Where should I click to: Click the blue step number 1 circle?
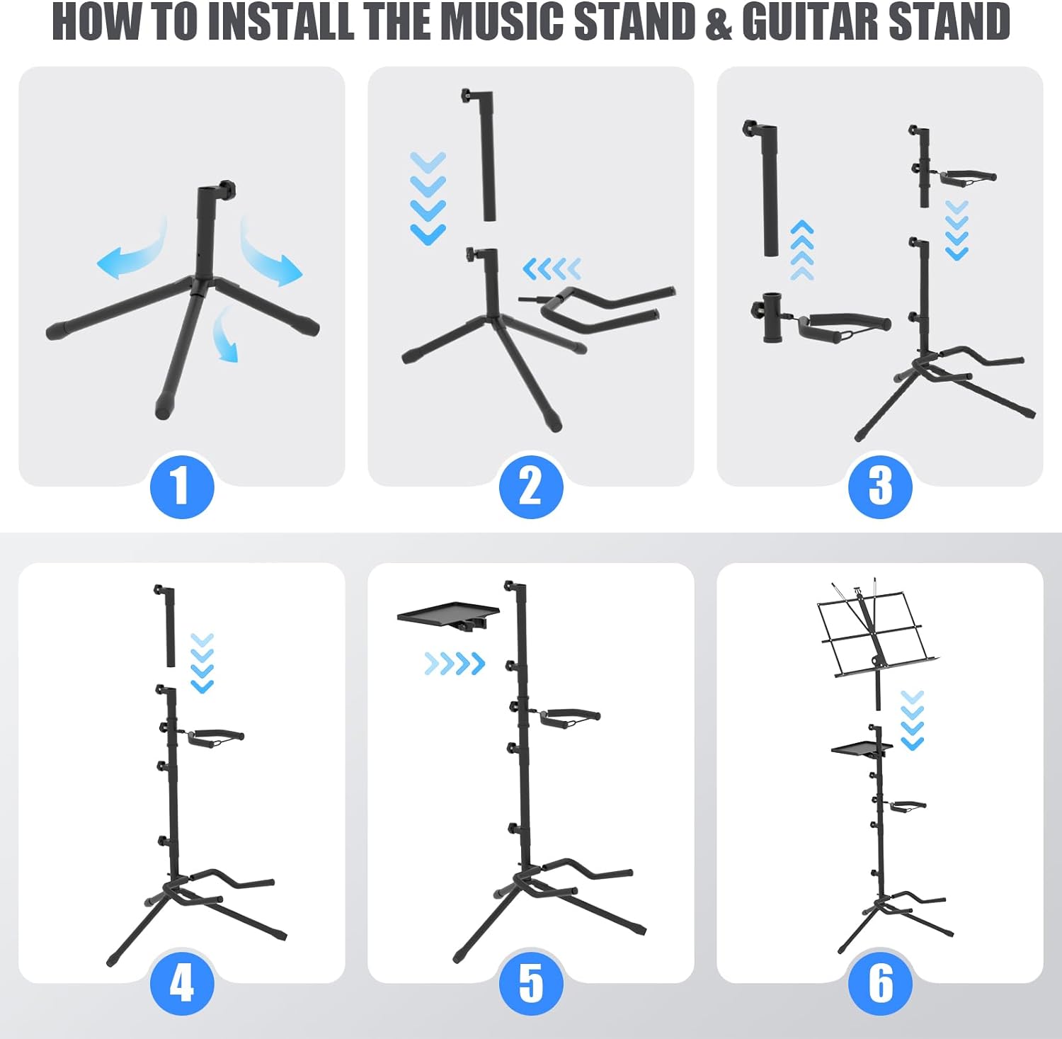click(182, 486)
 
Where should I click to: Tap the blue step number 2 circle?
click(531, 486)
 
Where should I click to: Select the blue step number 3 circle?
click(880, 486)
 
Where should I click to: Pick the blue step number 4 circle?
click(182, 983)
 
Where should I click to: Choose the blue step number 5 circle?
click(531, 983)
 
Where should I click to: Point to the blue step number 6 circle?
click(880, 983)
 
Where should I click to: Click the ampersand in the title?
click(719, 23)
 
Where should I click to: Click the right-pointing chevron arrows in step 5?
click(455, 664)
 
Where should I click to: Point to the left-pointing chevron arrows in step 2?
click(552, 269)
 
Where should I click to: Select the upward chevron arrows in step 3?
click(801, 250)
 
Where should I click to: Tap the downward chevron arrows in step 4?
click(202, 663)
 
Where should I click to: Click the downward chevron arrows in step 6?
click(913, 720)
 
